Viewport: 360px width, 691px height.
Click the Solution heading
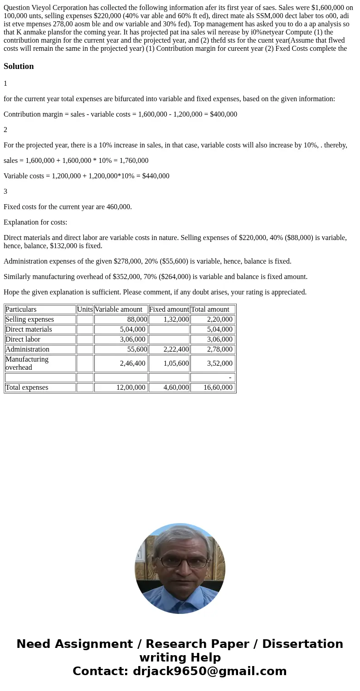[x=19, y=66]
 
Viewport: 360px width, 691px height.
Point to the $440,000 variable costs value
[x=156, y=176]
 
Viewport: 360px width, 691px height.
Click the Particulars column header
[x=21, y=309]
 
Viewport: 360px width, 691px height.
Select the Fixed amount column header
[x=169, y=309]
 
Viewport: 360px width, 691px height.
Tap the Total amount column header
[x=210, y=309]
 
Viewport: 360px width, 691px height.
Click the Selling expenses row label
[x=29, y=319]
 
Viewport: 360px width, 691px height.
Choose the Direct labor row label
[x=23, y=339]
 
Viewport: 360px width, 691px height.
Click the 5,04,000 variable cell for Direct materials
[x=132, y=329]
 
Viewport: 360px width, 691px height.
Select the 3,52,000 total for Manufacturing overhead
[x=220, y=363]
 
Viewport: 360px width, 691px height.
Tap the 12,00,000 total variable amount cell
[x=131, y=387]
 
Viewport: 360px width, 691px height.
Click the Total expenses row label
[x=27, y=387]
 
